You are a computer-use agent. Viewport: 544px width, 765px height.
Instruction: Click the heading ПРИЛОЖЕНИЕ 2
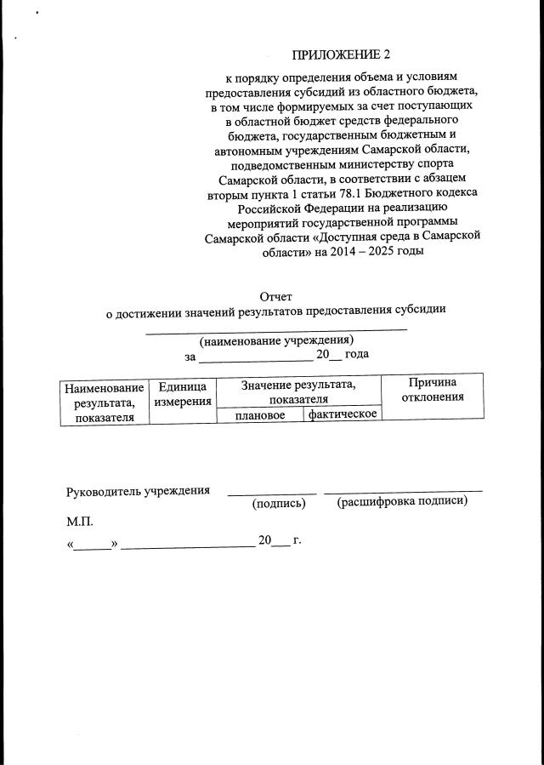[x=340, y=55]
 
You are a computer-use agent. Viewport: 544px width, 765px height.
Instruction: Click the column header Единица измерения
[x=182, y=393]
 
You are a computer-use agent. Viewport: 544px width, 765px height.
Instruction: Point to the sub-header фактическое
[x=343, y=414]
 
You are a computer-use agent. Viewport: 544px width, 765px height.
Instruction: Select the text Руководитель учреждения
[x=139, y=492]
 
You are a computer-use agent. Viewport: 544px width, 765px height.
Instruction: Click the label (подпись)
[x=279, y=503]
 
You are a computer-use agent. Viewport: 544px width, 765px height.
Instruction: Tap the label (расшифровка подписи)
[x=403, y=501]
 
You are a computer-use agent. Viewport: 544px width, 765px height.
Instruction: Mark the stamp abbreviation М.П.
[x=81, y=521]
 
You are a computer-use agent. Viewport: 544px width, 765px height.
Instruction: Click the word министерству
[x=354, y=164]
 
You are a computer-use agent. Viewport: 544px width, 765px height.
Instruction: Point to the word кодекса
[x=448, y=193]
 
